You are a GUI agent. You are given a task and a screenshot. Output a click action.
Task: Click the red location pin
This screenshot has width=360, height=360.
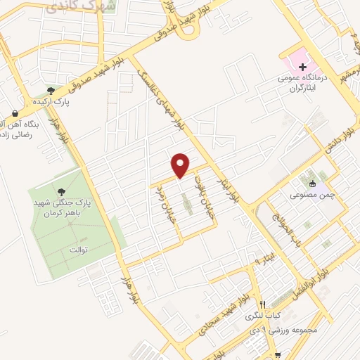tap(181, 165)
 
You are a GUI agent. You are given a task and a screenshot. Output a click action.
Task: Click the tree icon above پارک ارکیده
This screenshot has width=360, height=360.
tap(51, 90)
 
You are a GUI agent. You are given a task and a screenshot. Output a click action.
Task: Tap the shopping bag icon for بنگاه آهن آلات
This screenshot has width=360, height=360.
tap(15, 112)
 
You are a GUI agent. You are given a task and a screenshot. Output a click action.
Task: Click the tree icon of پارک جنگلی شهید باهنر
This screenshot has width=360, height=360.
tap(62, 191)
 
